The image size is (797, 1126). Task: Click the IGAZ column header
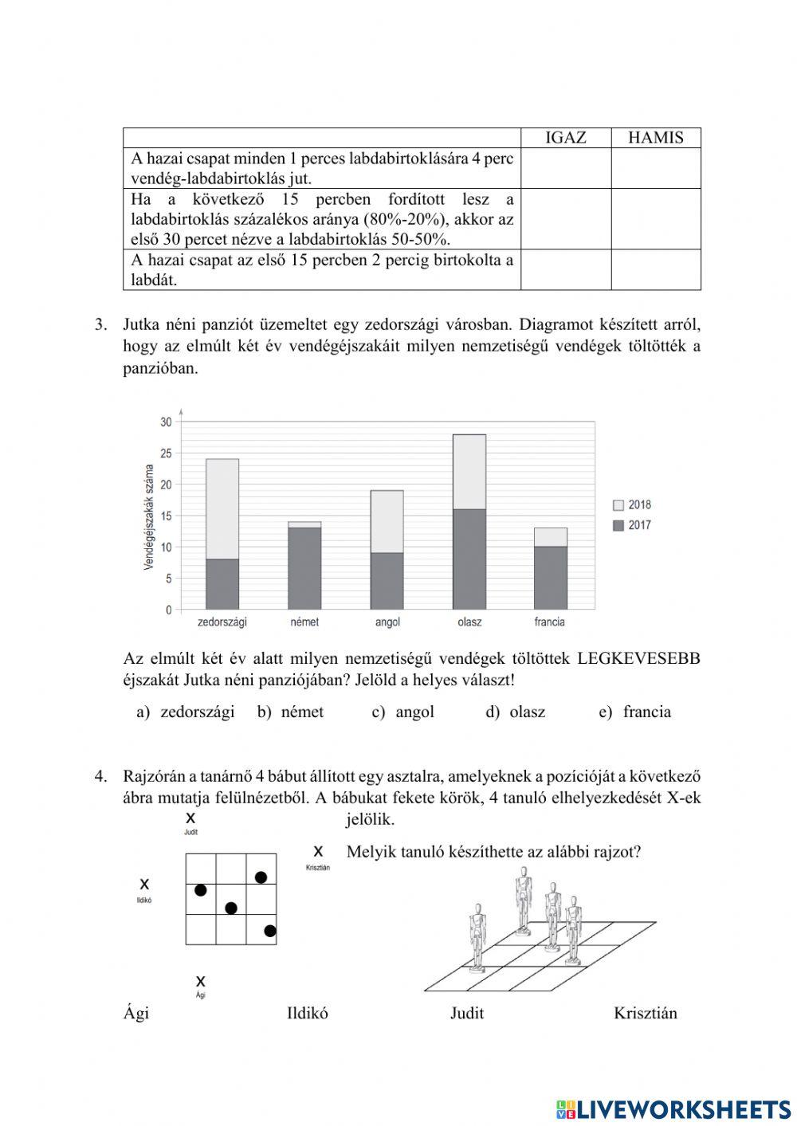tap(565, 137)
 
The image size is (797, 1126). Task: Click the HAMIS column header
tap(655, 137)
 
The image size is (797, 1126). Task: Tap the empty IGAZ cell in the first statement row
tap(565, 168)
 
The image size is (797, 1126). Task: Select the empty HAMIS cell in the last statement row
tap(655, 269)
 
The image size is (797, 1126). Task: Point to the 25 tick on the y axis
tap(166, 453)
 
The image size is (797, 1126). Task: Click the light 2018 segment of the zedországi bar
tap(222, 508)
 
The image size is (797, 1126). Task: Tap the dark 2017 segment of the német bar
tap(304, 568)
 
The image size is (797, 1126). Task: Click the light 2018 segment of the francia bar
tap(551, 537)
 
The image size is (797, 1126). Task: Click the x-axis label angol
tap(387, 622)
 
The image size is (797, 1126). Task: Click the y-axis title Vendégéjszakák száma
tap(148, 517)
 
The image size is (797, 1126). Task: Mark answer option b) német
tap(291, 712)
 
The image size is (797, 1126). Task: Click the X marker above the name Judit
tap(190, 818)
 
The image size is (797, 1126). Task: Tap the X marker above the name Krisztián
tap(318, 851)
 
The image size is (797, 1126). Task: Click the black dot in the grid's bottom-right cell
tap(269, 931)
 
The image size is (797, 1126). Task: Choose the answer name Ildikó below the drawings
tap(307, 1014)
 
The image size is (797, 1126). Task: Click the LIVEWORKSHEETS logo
tap(673, 1109)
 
